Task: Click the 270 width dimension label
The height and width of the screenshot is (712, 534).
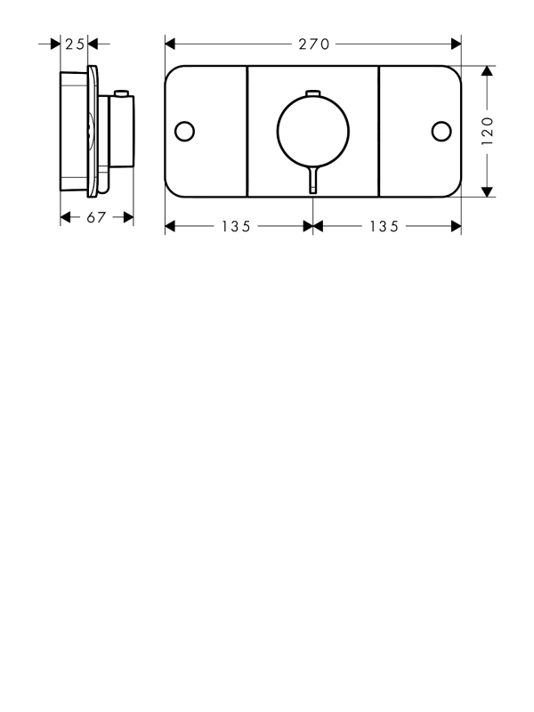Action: pos(314,44)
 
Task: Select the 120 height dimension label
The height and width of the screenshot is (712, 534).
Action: pos(487,131)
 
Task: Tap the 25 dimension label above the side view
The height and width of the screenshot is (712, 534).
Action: pos(75,44)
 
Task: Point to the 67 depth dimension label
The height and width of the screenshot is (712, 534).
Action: pos(96,217)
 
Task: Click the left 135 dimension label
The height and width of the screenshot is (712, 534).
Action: pos(236,226)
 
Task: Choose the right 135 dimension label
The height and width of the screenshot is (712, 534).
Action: pos(384,226)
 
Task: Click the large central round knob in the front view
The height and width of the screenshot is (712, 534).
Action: pos(313,131)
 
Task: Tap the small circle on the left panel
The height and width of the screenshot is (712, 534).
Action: pos(185,131)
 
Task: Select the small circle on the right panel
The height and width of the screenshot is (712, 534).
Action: pos(441,131)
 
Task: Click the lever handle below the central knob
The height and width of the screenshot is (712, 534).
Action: pos(313,181)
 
